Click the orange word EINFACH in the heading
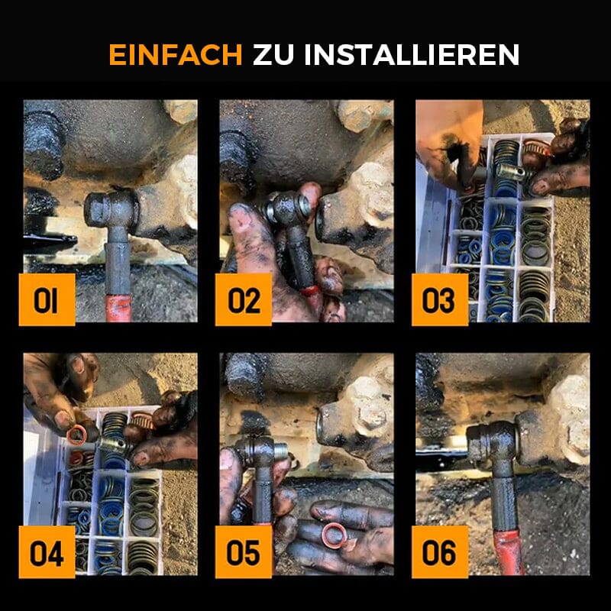176,54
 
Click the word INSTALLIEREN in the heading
412,54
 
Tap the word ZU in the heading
273,54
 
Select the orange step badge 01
47,299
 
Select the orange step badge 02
243,299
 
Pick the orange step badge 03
440,299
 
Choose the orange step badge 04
47,551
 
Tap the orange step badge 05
243,551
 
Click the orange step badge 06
440,551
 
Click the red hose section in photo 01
118,308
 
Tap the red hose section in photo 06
509,551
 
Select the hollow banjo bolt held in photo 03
513,173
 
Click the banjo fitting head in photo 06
493,443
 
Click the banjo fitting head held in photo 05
260,451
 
